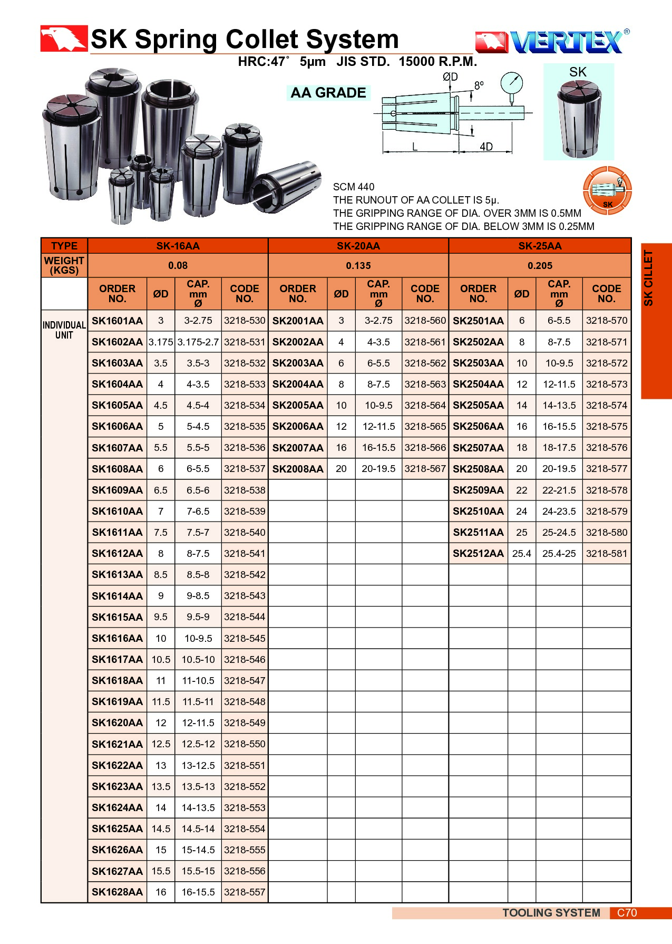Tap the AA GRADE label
328,93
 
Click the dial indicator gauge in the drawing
511,83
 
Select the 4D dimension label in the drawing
486,147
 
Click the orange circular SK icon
607,190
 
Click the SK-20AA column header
358,246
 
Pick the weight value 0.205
540,266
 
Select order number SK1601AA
117,321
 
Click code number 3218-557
245,892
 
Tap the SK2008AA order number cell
298,469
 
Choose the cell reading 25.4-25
559,554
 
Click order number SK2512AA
478,554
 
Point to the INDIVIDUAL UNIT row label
64,330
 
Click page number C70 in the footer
627,913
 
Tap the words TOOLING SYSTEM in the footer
551,913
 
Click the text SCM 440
354,187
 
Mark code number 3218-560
425,321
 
